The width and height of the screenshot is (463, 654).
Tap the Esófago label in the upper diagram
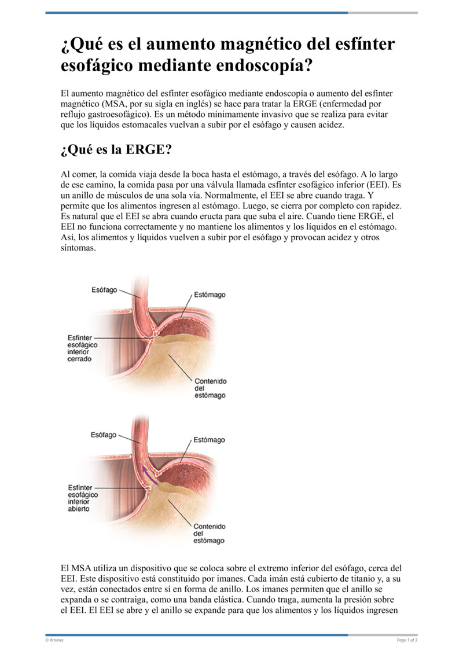point(104,289)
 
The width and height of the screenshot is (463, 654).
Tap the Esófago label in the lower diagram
point(104,435)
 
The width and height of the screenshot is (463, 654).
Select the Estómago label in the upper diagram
point(210,295)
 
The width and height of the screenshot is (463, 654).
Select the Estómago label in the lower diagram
point(209,440)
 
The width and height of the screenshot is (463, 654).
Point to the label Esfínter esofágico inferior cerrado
point(83,348)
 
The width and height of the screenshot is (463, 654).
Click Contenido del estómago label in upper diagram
point(210,388)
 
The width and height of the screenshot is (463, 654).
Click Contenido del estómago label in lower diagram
point(210,534)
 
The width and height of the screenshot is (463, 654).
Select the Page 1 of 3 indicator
point(407,640)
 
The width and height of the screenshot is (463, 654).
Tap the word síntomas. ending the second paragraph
point(79,247)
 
